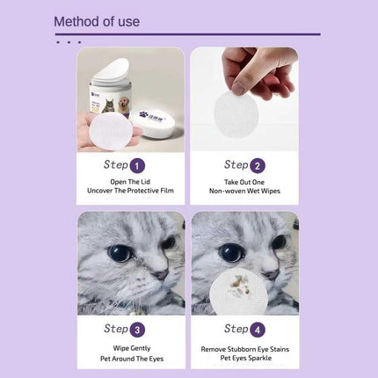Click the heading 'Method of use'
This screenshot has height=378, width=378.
[x=97, y=21]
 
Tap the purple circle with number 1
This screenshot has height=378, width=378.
[x=138, y=164]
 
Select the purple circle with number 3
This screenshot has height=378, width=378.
[x=138, y=329]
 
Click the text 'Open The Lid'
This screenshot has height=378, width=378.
[x=130, y=180]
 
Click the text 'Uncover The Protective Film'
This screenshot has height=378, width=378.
[x=130, y=191]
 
